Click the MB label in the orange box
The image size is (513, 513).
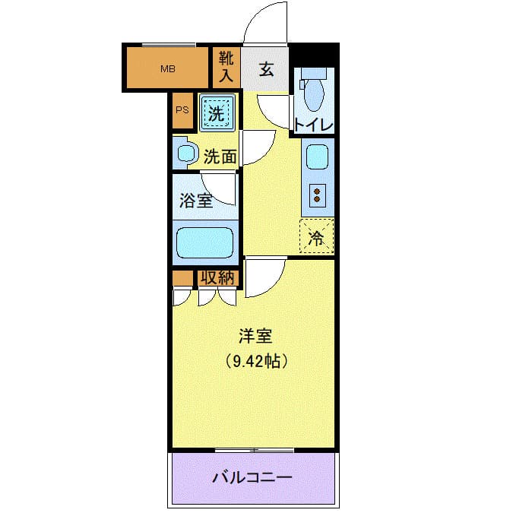tap(167, 69)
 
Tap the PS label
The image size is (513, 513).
tap(182, 109)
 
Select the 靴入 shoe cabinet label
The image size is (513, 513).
tap(226, 67)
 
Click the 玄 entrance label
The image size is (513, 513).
tap(266, 69)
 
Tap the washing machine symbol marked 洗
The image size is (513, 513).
tap(217, 114)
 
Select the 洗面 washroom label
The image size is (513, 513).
tap(220, 157)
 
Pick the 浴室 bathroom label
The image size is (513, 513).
tap(195, 201)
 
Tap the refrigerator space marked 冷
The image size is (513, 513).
tap(316, 237)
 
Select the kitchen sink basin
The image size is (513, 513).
tap(315, 157)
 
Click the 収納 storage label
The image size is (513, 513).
tap(218, 278)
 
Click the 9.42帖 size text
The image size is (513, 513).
tap(255, 362)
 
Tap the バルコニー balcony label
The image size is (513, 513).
tap(252, 478)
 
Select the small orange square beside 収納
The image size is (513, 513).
tap(182, 278)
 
